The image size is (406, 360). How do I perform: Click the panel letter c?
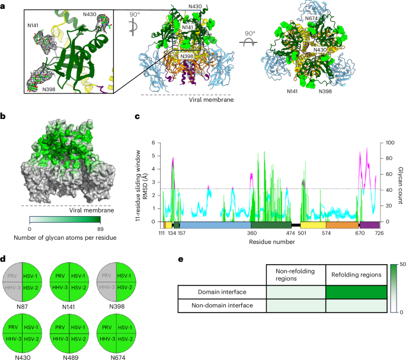pos(138,117)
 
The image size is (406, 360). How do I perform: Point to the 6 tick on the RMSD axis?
pos(153,143)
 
